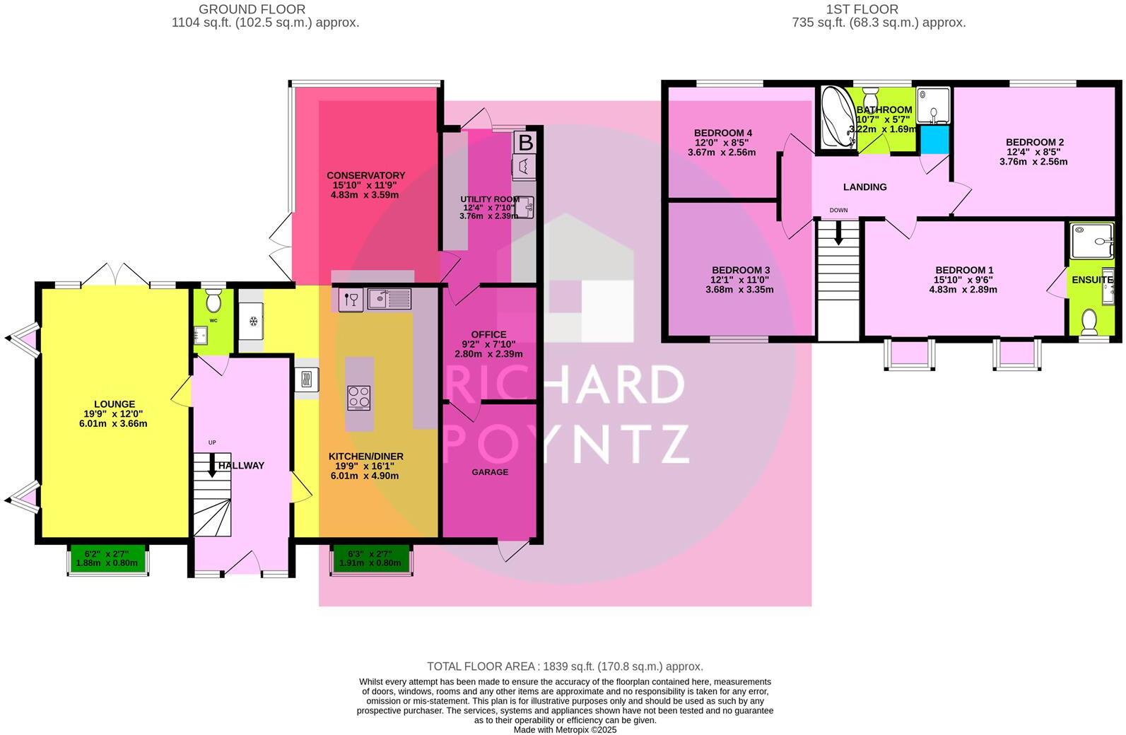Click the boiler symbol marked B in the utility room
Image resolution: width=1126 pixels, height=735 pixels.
[525, 143]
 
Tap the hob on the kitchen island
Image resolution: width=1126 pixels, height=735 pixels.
[359, 397]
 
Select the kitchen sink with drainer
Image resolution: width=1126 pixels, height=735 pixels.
[389, 300]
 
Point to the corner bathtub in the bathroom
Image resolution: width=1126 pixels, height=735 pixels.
[836, 119]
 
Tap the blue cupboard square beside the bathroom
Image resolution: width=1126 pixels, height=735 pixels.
[933, 139]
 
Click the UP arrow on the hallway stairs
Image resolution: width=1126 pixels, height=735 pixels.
[212, 464]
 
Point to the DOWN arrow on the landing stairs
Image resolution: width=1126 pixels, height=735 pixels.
[838, 233]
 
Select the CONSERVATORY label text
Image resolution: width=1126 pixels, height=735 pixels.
[365, 175]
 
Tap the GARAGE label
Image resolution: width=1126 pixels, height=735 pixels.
[490, 472]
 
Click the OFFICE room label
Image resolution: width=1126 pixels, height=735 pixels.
[488, 334]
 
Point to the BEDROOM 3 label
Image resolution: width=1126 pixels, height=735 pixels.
[740, 270]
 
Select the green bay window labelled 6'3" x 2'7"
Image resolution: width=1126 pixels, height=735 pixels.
[371, 558]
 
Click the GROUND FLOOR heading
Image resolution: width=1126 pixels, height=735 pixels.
[252, 9]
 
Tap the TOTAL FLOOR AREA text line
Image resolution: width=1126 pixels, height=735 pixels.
[565, 666]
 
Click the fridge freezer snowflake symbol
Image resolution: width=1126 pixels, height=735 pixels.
[252, 321]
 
